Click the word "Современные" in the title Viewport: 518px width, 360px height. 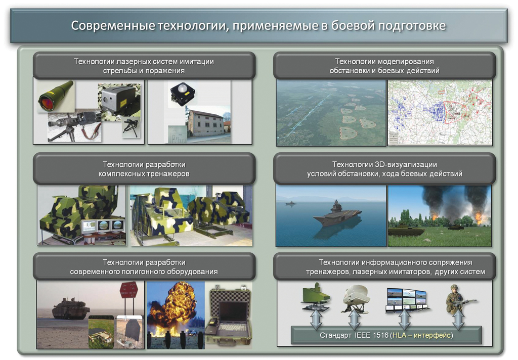click(113, 26)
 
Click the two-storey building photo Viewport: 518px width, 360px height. click(207, 123)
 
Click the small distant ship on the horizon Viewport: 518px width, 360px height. click(290, 203)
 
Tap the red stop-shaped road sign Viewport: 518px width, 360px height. click(128, 290)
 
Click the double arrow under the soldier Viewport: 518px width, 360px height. click(458, 319)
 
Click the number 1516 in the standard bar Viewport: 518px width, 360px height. click(380, 335)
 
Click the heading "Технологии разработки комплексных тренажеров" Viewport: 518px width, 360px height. click(144, 169)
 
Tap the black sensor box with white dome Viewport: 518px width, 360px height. click(182, 93)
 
